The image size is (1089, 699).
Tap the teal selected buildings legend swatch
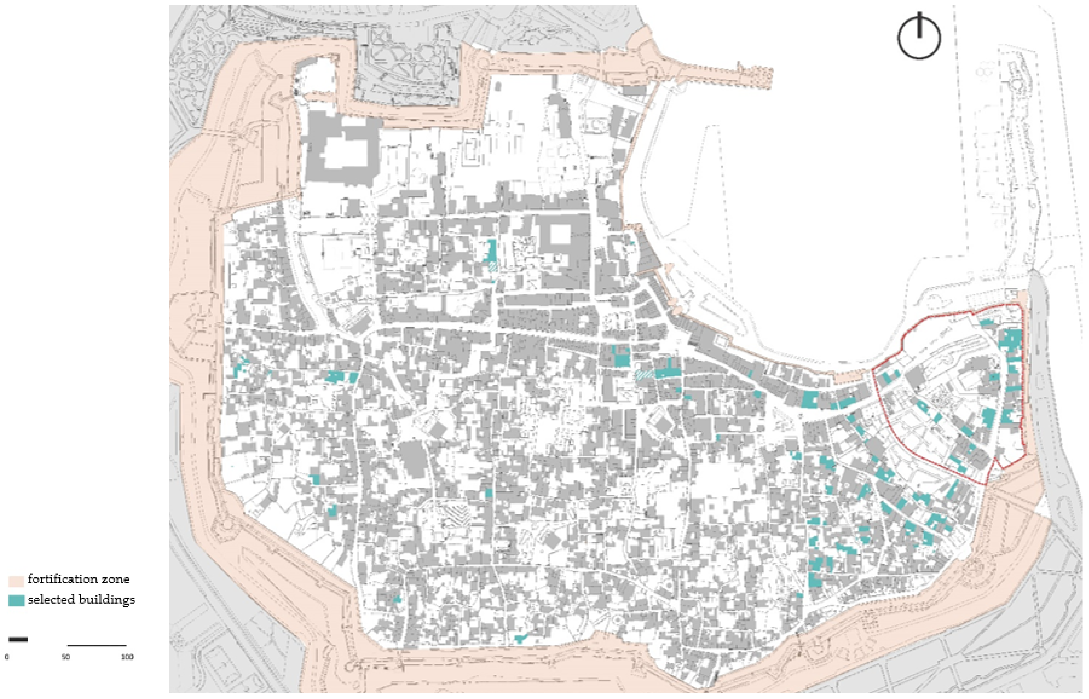pyautogui.click(x=16, y=600)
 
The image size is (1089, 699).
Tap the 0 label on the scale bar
pyautogui.click(x=6, y=657)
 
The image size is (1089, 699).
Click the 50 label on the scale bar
pyautogui.click(x=66, y=657)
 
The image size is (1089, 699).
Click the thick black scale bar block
pyautogui.click(x=18, y=640)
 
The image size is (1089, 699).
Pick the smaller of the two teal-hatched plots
pyautogui.click(x=493, y=267)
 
